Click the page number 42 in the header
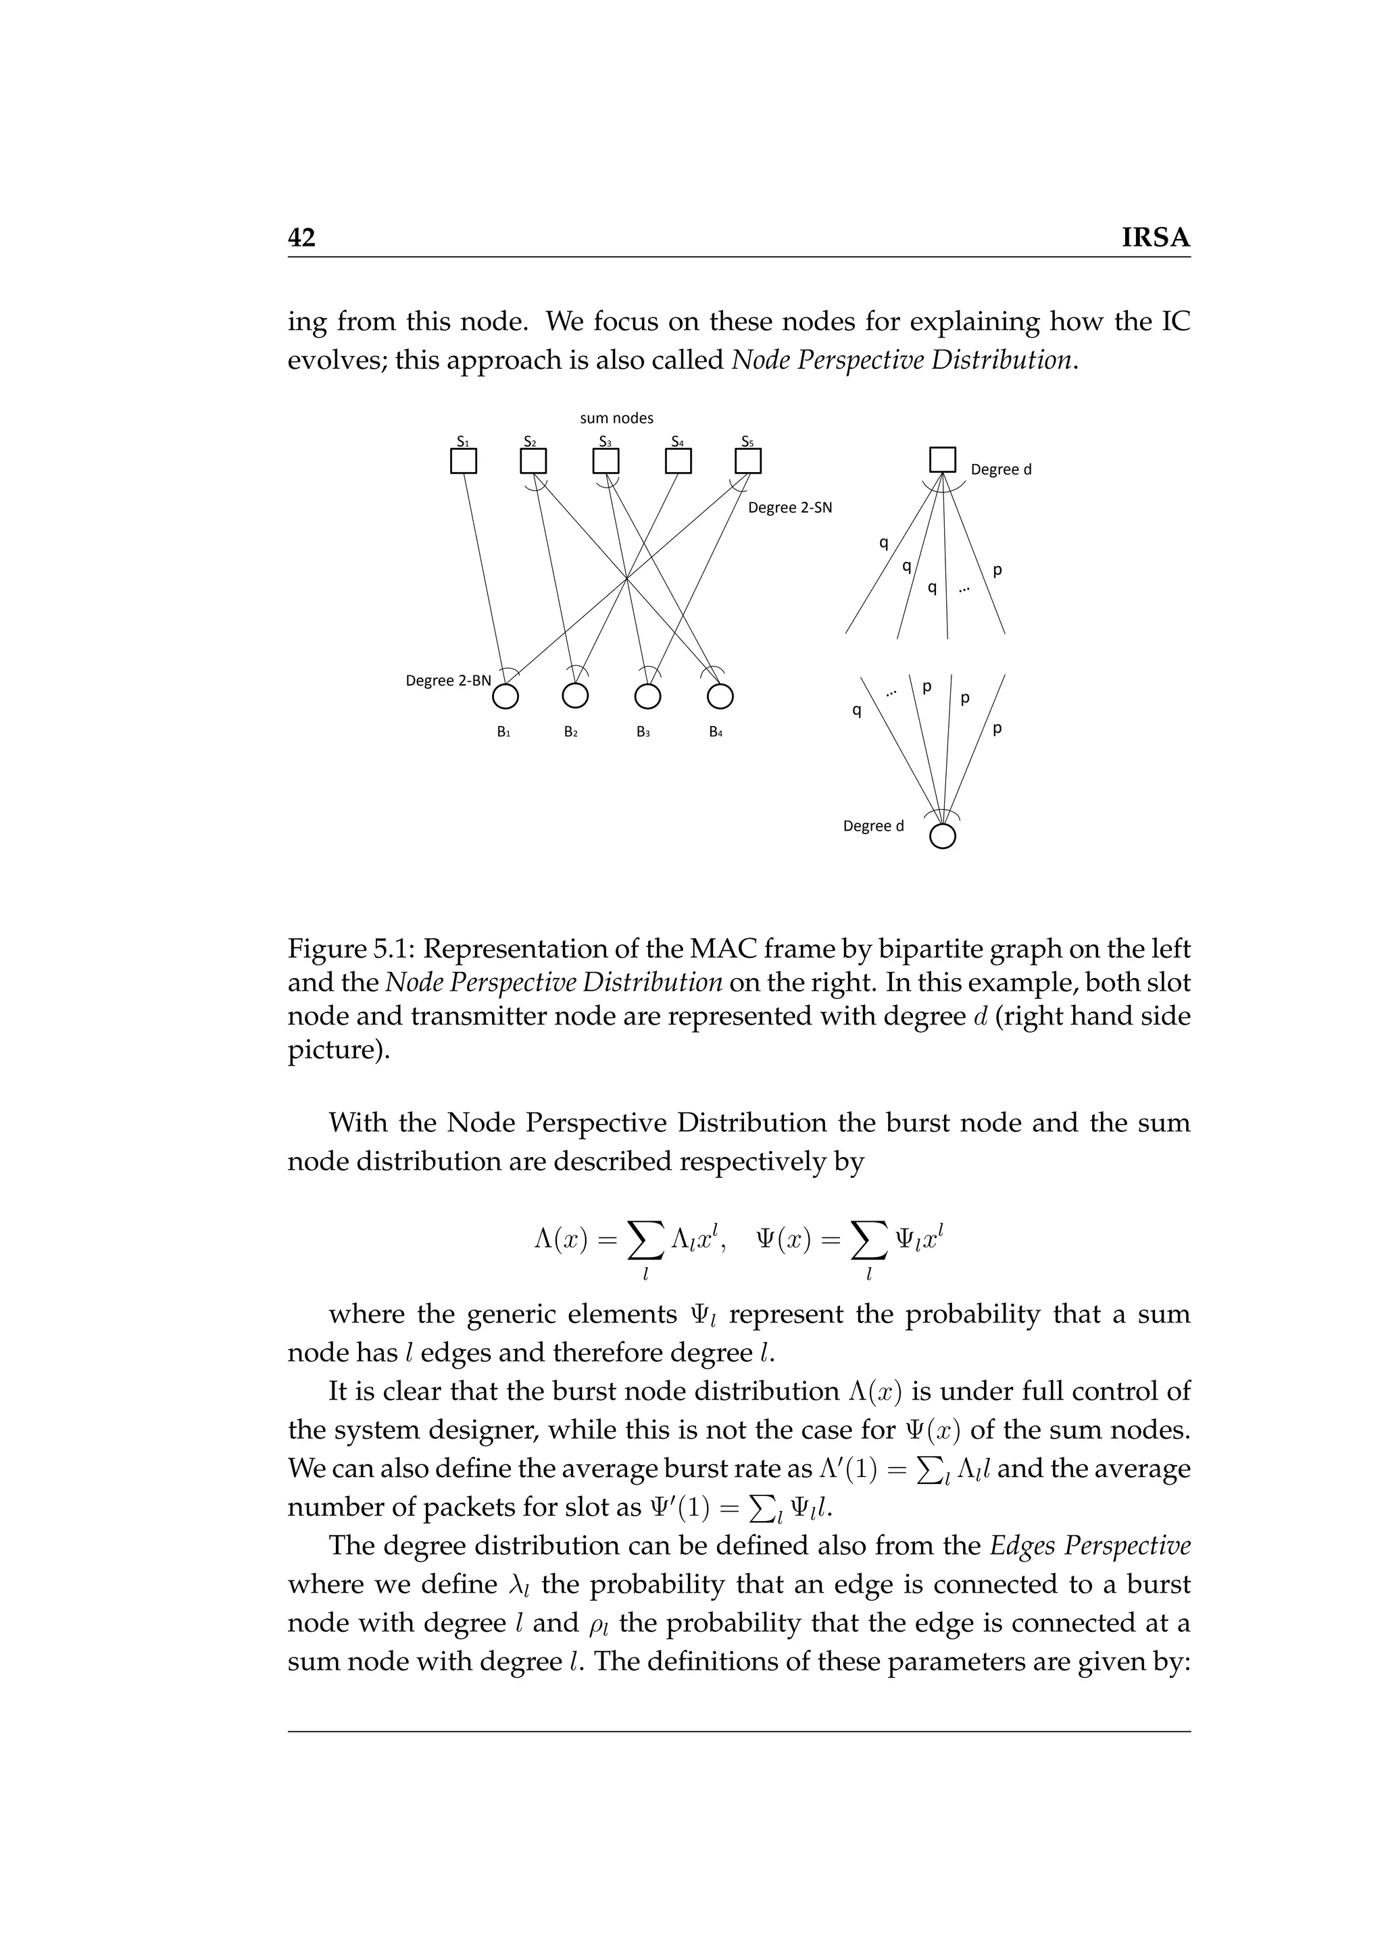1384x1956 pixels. (301, 238)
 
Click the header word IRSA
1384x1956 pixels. (1156, 238)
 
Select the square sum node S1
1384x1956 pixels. (463, 461)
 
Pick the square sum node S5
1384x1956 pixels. (747, 461)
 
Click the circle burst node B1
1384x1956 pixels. (505, 697)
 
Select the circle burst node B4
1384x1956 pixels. (720, 697)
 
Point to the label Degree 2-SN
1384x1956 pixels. (789, 509)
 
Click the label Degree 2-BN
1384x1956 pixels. (448, 681)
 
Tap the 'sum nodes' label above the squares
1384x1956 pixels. (616, 418)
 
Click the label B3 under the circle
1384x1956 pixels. (643, 731)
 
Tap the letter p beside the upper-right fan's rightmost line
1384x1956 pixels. (997, 570)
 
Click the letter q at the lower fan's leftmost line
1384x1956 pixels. (856, 710)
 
